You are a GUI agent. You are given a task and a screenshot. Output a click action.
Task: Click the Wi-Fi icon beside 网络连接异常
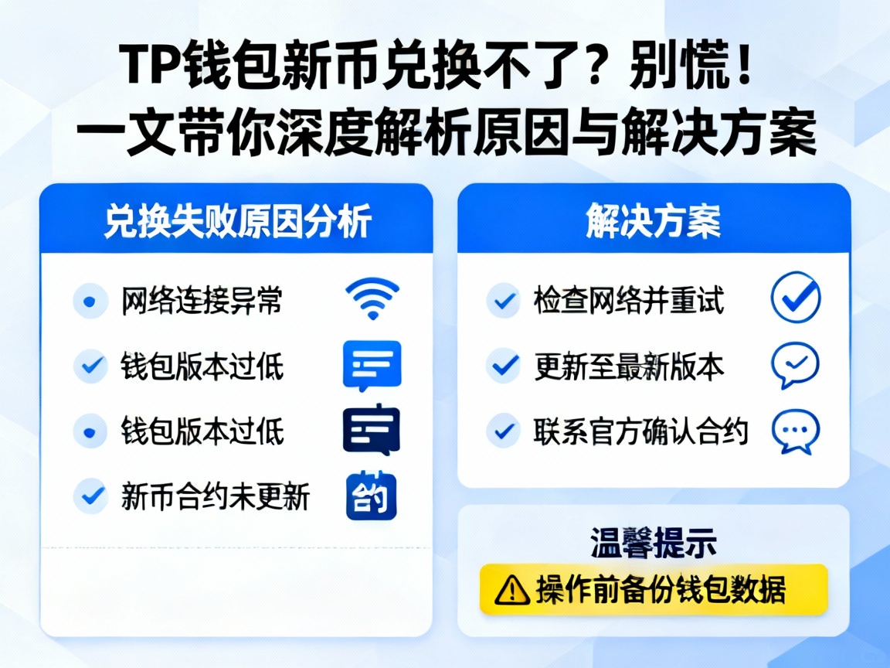pos(372,299)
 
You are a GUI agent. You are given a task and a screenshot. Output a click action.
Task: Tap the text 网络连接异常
pos(202,301)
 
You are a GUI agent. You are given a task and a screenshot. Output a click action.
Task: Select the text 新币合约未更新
pos(215,496)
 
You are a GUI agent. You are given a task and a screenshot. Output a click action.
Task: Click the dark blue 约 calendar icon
pos(371,496)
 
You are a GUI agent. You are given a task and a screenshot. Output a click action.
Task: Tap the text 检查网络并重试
pos(628,300)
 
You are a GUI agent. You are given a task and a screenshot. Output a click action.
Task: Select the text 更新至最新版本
pos(629,366)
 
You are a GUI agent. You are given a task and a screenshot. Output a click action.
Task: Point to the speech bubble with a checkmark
pos(795,365)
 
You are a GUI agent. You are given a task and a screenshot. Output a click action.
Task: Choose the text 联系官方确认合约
pos(640,431)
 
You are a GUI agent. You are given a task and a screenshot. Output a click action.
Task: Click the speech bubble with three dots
pos(795,431)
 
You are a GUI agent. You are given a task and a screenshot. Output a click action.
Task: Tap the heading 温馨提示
pos(653,543)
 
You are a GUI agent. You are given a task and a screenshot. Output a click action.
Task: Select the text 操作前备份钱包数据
pos(661,591)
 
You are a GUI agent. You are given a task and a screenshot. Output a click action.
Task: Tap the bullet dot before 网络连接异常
pos(90,301)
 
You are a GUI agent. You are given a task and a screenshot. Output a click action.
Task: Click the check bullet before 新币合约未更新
pos(90,496)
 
